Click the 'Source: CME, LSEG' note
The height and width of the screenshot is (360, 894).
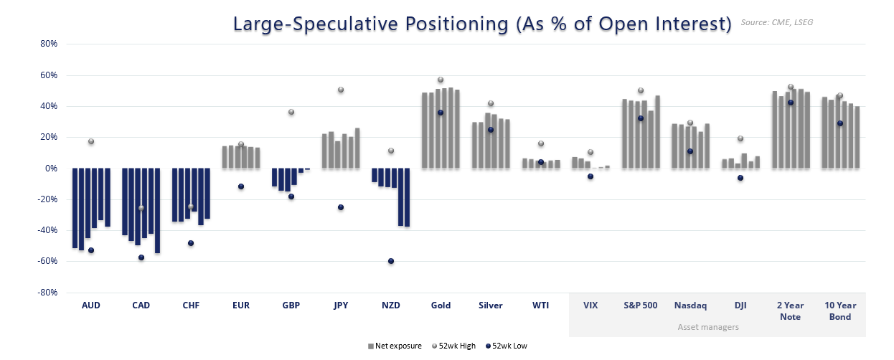click(777, 22)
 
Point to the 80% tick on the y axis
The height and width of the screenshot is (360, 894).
click(48, 44)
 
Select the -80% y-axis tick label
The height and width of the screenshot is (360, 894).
click(47, 293)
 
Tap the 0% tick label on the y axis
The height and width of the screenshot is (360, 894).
click(51, 169)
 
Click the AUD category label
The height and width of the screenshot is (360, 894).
click(91, 305)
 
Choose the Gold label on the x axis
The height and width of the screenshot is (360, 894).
click(441, 305)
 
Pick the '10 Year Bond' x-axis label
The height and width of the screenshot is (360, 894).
click(840, 311)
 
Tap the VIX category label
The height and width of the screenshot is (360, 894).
click(590, 305)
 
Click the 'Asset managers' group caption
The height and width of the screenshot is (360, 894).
click(708, 327)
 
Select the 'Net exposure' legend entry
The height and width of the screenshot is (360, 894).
click(395, 346)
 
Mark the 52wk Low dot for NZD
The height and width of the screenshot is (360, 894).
click(391, 261)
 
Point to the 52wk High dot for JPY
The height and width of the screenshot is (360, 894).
click(341, 90)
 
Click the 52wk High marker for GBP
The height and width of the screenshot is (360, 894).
click(291, 112)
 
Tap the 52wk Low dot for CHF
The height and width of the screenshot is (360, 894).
click(191, 243)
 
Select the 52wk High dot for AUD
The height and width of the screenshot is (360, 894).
click(91, 141)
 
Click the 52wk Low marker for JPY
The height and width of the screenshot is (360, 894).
click(341, 207)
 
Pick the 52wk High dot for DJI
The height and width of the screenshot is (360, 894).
click(740, 138)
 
